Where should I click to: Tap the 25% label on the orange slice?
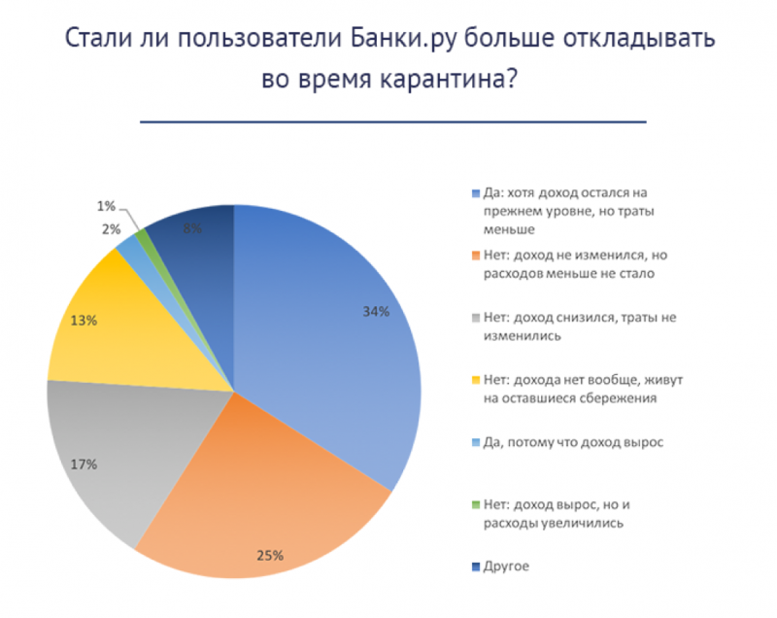pos(270,556)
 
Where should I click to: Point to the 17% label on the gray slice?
pos(84,464)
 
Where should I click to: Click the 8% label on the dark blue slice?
pos(192,229)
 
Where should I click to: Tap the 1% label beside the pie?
pos(106,206)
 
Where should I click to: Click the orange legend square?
pos(473,256)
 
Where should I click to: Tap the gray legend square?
pos(473,318)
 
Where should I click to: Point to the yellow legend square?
pos(473,380)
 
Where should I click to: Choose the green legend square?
pos(473,504)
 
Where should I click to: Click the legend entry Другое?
pos(507,566)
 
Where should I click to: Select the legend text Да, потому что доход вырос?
pos(573,442)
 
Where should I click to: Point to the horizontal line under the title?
pos(393,122)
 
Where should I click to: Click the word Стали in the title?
pos(93,40)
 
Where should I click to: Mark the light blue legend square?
pos(473,442)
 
